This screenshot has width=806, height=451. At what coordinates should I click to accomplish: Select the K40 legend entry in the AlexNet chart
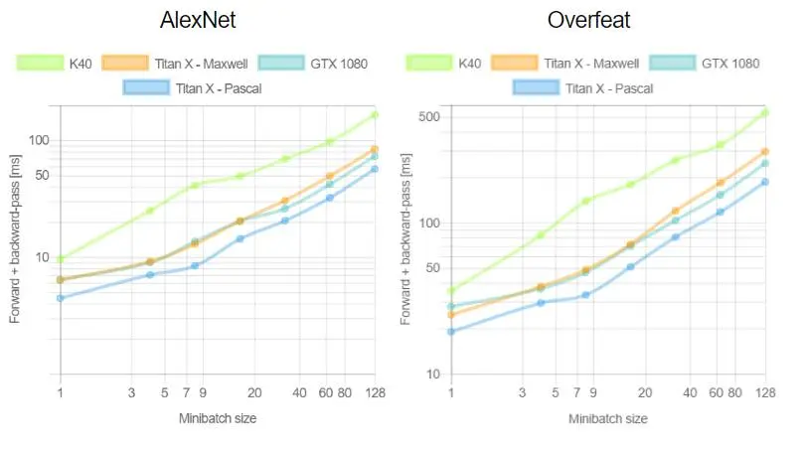click(x=67, y=64)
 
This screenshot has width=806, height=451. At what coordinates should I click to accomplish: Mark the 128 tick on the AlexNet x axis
click(x=375, y=393)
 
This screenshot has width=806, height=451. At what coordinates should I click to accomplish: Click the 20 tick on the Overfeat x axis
click(x=645, y=393)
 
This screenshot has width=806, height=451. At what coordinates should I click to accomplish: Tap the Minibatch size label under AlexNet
click(x=218, y=418)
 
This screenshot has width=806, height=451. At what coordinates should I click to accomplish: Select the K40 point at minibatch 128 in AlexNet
click(x=375, y=115)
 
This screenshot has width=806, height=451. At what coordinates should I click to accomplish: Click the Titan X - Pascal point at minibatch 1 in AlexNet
click(x=61, y=298)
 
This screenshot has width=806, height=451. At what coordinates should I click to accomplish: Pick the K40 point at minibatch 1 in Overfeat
click(x=451, y=291)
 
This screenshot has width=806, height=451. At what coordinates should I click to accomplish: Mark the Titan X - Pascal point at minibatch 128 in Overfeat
click(x=765, y=182)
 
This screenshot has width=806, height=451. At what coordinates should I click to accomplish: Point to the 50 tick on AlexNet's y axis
click(x=41, y=176)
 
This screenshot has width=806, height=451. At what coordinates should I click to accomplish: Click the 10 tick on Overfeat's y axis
click(x=431, y=375)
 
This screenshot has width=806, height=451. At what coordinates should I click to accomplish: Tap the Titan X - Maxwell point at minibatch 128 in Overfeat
click(x=765, y=151)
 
